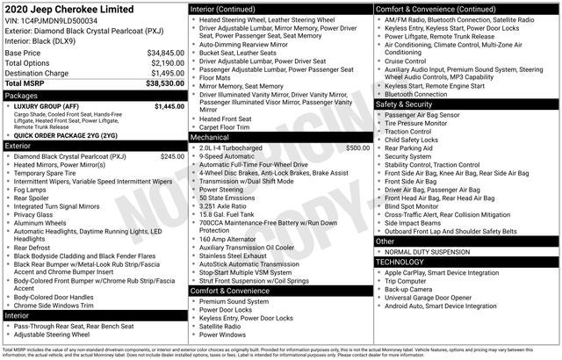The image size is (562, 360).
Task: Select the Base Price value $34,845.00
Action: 165,53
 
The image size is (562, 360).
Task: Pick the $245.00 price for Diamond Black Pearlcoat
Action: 172,156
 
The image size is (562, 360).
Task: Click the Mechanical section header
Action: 210,137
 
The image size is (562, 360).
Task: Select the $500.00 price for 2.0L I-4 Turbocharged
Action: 357,148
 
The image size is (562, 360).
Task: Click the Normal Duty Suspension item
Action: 425,252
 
